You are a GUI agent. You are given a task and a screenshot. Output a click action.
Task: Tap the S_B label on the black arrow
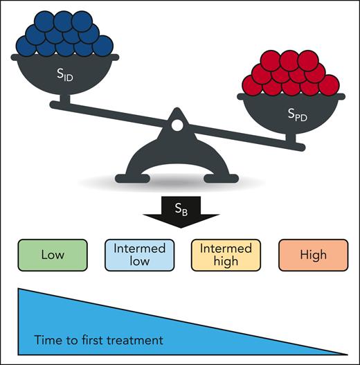[180, 207]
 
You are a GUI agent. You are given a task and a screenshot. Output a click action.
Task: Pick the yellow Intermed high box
[226, 255]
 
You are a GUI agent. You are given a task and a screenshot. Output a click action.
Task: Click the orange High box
[314, 255]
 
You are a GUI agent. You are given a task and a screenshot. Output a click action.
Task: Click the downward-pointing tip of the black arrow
[180, 228]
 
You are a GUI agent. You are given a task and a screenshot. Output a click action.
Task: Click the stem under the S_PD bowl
[297, 141]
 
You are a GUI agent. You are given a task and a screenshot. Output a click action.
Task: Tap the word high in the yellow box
[226, 261]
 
